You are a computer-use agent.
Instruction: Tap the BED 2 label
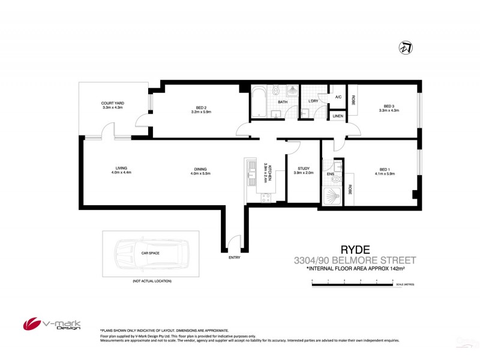[x=199, y=108]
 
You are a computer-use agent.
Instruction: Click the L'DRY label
[x=313, y=101]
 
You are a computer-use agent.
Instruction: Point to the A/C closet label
[x=338, y=97]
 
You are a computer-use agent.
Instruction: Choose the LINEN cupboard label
[x=338, y=115]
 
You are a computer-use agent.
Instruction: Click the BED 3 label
[x=390, y=108]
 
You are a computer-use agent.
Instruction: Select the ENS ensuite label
[x=330, y=175]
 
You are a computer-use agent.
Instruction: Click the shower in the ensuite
[x=332, y=195]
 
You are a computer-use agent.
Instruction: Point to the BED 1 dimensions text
[x=385, y=174]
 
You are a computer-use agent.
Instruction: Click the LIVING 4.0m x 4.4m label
[x=121, y=170]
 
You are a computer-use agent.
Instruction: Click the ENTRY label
[x=234, y=257]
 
